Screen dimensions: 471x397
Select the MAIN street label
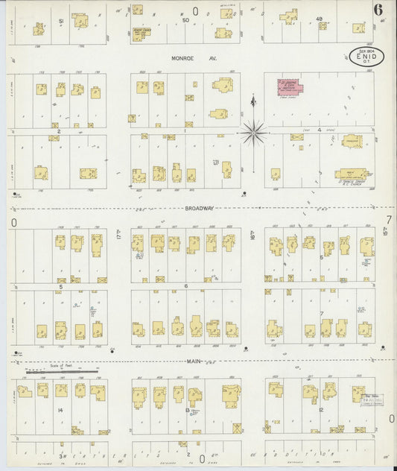tap(196, 361)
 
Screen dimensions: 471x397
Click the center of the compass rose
tap(254, 133)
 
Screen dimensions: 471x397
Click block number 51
tap(60, 22)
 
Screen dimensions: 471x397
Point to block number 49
tap(319, 19)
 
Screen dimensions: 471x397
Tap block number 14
tap(59, 410)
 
